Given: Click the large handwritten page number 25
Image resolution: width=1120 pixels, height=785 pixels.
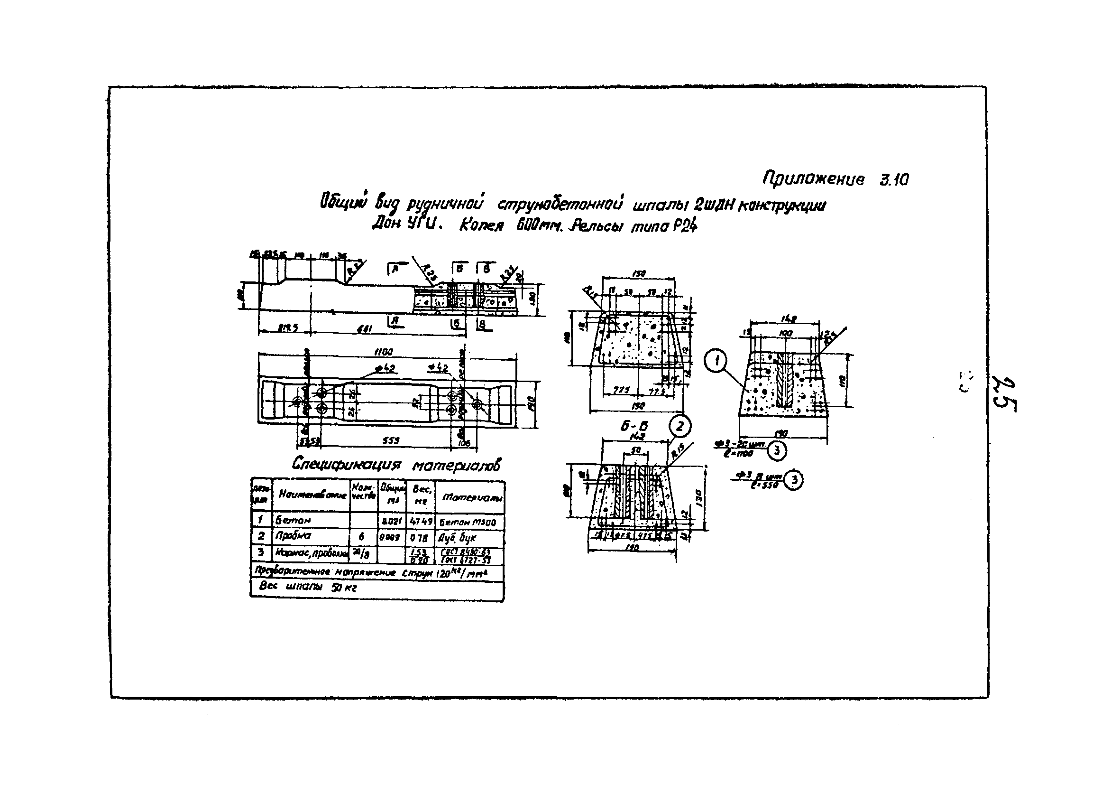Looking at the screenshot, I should pyautogui.click(x=1004, y=394).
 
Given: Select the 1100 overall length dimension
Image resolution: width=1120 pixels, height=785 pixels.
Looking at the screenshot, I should pyautogui.click(x=384, y=352).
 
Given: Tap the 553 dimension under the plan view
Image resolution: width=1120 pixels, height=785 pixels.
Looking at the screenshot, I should pyautogui.click(x=390, y=441).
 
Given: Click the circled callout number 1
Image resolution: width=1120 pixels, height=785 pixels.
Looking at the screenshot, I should pyautogui.click(x=716, y=362).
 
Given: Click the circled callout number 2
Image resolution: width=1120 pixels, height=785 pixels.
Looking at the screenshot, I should pyautogui.click(x=679, y=427).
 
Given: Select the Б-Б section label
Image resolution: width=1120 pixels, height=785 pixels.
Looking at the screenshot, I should pyautogui.click(x=633, y=426).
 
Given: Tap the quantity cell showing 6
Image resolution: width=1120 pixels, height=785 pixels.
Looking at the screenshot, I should pyautogui.click(x=361, y=536).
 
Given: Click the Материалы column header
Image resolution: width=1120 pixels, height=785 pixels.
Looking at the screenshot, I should pyautogui.click(x=471, y=497).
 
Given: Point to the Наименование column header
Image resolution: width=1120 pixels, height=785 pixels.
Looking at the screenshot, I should pyautogui.click(x=312, y=495).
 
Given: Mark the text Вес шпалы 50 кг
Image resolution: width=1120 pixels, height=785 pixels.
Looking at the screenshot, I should pyautogui.click(x=307, y=587).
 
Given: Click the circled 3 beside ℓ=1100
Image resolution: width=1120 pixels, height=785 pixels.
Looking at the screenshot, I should pyautogui.click(x=777, y=451).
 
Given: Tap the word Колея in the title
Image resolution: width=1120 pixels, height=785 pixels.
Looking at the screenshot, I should pyautogui.click(x=481, y=226).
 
